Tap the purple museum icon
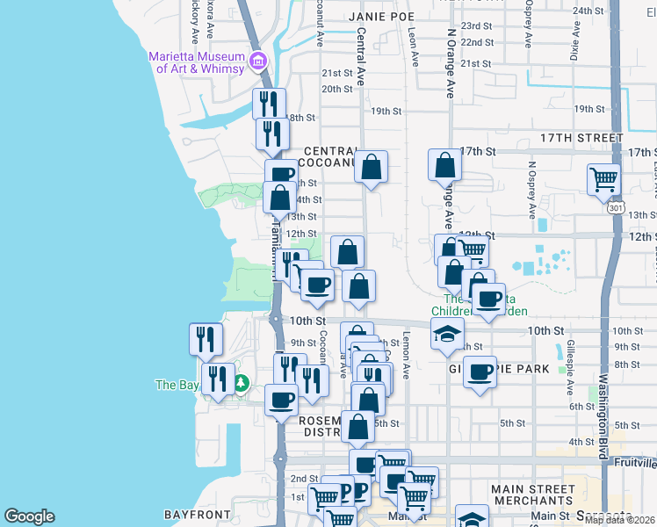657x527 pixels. pyautogui.click(x=258, y=61)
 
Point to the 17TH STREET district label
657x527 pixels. pyautogui.click(x=581, y=139)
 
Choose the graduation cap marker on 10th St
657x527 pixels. pyautogui.click(x=447, y=333)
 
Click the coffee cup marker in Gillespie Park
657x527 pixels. pyautogui.click(x=480, y=372)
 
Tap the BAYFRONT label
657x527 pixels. pyautogui.click(x=197, y=514)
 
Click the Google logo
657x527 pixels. pyautogui.click(x=29, y=516)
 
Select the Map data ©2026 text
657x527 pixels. pyautogui.click(x=619, y=520)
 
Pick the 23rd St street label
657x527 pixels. pyautogui.click(x=477, y=26)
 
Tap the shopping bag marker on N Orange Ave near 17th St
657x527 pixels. pyautogui.click(x=445, y=164)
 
